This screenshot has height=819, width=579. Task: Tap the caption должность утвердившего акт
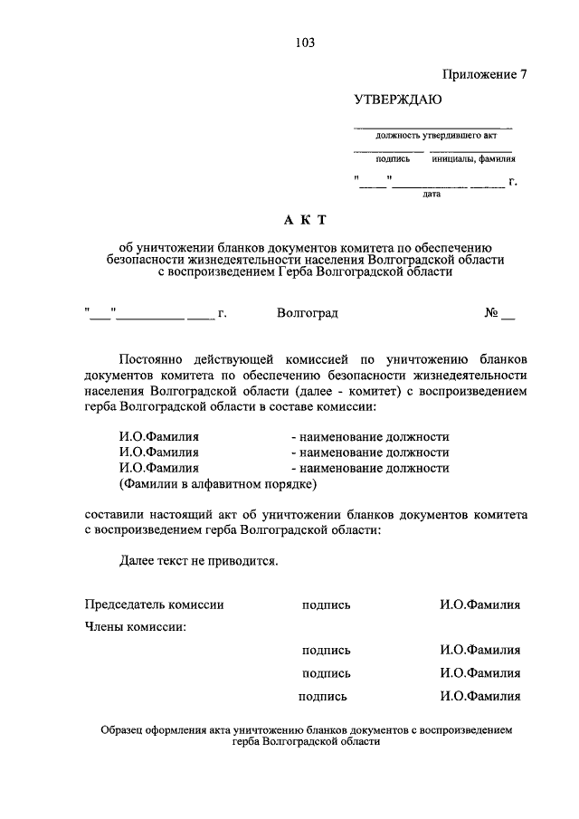[431, 136]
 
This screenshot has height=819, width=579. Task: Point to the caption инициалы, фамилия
[471, 158]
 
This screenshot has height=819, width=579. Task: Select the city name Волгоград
[308, 313]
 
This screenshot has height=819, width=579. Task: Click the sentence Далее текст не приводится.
[198, 560]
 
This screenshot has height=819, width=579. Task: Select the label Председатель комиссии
[154, 605]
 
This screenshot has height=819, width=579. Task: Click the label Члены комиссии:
[136, 626]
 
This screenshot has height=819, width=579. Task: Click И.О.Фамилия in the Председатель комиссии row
[479, 605]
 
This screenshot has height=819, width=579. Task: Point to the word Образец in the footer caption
[125, 729]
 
